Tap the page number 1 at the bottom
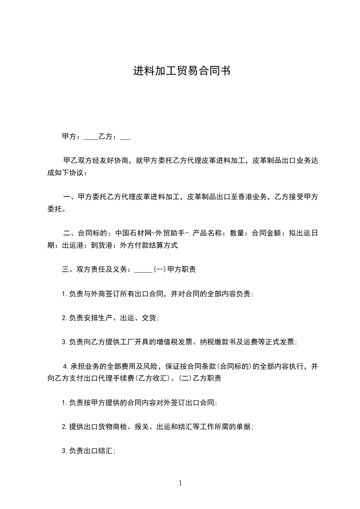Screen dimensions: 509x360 (x=180, y=483)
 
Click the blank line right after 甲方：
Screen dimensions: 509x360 (x=91, y=136)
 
